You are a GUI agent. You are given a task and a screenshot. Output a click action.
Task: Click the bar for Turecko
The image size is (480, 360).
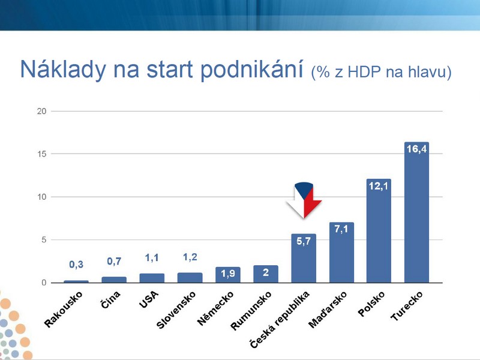[x=416, y=212]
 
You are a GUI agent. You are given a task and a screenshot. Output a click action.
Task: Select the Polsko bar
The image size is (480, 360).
[x=379, y=231]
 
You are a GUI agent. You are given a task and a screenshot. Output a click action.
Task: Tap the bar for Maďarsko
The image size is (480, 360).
[x=341, y=253]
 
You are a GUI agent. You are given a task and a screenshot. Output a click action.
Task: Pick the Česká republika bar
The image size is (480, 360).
[x=304, y=259]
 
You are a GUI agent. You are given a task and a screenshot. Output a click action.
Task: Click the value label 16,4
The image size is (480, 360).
[x=416, y=149]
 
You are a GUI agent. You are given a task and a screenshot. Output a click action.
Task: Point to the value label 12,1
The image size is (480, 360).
[x=379, y=186]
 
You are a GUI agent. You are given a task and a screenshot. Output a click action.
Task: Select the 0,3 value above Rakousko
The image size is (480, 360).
[x=76, y=264]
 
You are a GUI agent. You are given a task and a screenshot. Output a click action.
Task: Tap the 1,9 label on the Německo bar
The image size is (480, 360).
[x=228, y=273]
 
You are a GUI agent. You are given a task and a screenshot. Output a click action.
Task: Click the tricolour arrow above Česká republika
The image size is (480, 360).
[x=304, y=200]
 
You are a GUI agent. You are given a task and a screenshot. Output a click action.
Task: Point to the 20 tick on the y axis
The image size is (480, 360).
[x=41, y=111]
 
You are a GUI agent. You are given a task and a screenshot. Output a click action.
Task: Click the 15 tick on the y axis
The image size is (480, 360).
[x=41, y=154]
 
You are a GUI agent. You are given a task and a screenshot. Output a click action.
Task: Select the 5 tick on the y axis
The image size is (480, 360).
[x=44, y=239]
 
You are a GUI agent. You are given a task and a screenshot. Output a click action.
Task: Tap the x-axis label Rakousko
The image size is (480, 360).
[x=64, y=309]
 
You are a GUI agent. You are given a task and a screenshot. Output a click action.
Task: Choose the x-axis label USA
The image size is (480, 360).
[x=149, y=299]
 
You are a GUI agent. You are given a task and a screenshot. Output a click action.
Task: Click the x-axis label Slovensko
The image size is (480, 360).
[x=176, y=310]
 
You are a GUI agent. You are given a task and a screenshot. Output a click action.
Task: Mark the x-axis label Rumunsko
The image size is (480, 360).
[x=251, y=311]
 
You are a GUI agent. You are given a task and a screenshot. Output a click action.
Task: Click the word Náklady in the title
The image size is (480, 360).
[x=63, y=70]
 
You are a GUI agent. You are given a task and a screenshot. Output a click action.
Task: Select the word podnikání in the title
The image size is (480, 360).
[x=251, y=70]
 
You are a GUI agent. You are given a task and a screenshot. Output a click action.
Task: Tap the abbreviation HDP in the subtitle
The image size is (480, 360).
[x=364, y=72]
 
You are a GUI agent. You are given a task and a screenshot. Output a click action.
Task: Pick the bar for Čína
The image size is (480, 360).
[x=114, y=280]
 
